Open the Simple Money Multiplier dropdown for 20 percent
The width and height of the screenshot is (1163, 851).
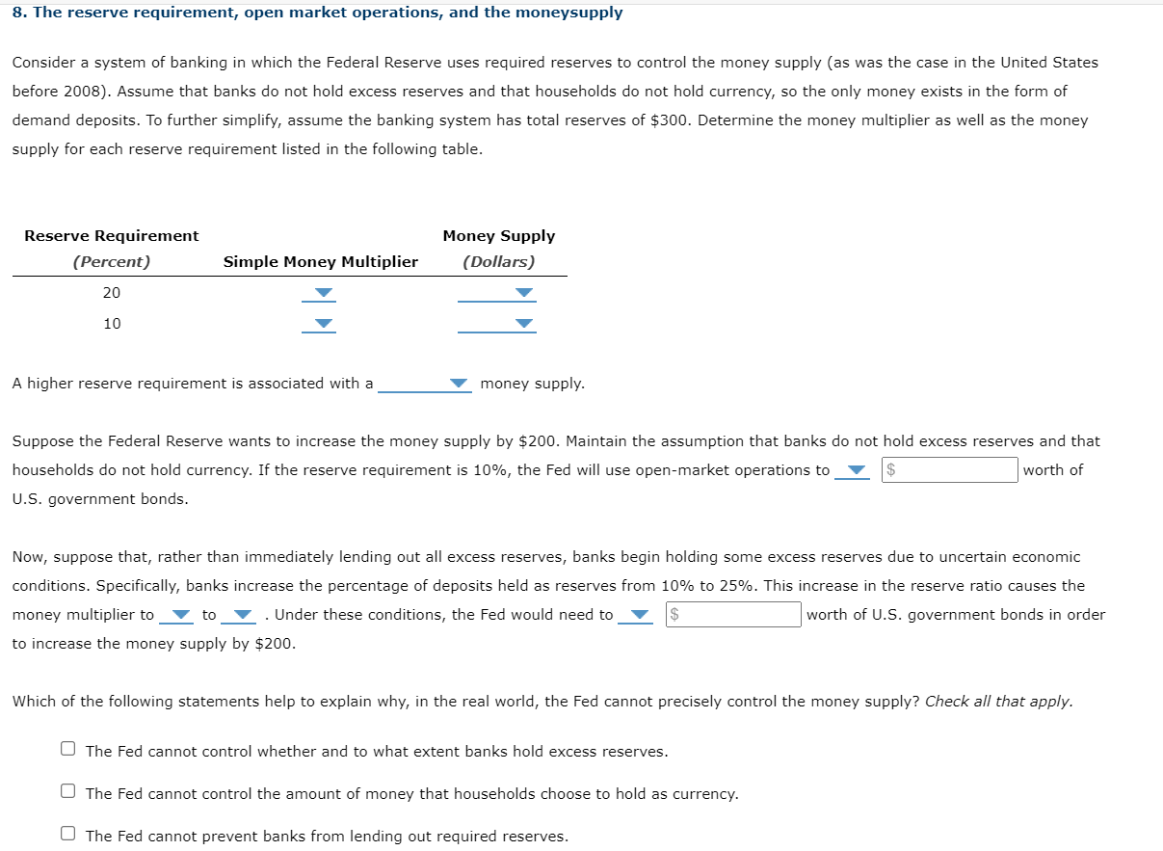(319, 293)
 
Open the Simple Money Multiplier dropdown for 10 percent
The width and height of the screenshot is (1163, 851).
(319, 324)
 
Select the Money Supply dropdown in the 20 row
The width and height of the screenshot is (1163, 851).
(497, 293)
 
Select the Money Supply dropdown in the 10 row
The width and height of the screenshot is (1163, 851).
(497, 324)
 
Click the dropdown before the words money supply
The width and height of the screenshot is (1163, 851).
(424, 384)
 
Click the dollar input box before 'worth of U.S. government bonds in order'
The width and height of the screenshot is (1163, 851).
(733, 615)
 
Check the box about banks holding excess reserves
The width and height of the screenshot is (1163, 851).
(67, 749)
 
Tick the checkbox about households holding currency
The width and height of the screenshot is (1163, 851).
(67, 791)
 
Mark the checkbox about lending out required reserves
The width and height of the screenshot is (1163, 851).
(67, 834)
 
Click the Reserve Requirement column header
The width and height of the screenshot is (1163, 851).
(112, 236)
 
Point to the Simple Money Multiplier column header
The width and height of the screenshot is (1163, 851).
(321, 262)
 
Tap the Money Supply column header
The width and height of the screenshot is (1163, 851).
(498, 236)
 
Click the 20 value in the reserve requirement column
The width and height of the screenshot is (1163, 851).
(112, 293)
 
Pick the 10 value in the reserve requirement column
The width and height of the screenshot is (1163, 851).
(112, 324)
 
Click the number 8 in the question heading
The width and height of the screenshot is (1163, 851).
(17, 13)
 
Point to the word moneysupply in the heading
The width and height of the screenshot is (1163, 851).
(572, 13)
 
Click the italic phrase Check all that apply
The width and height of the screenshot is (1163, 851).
(998, 702)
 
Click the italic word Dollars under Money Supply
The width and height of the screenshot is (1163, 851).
(498, 262)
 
